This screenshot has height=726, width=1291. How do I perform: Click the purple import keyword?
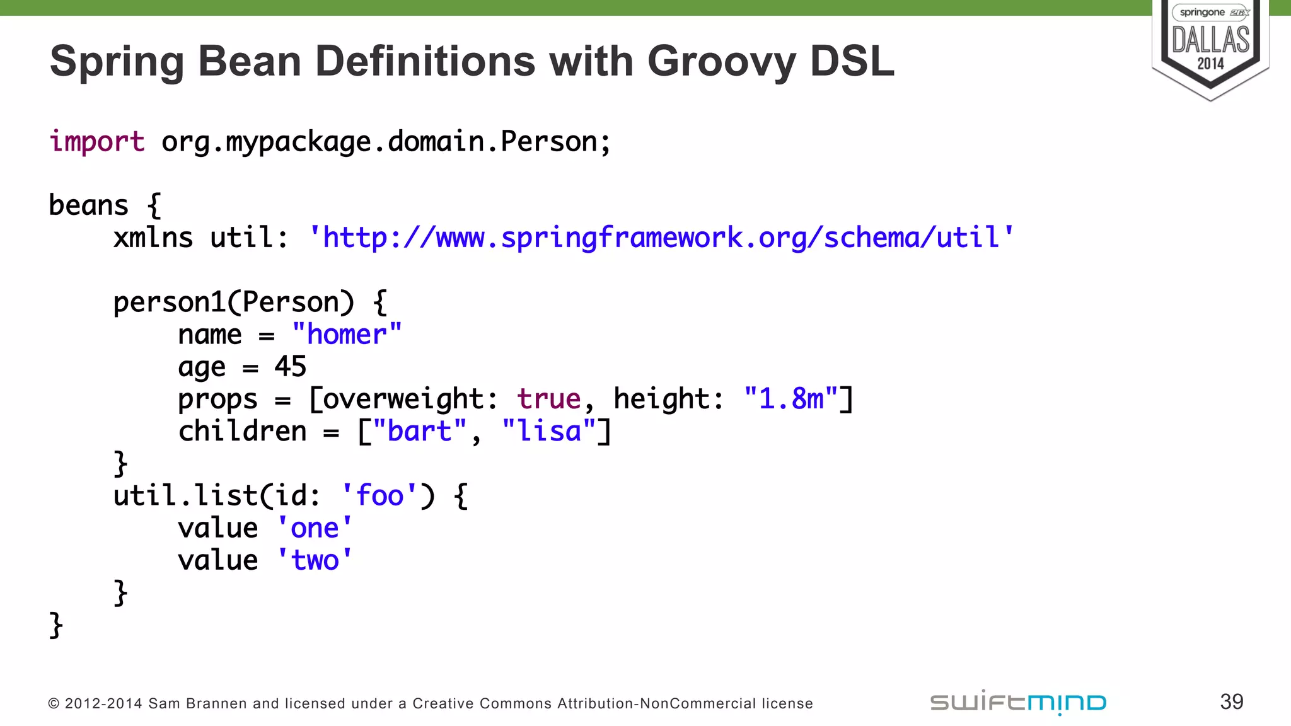(97, 142)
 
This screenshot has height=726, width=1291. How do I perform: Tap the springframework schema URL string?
(661, 238)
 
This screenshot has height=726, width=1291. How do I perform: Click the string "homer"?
(347, 335)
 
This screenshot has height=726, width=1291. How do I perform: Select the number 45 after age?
(290, 367)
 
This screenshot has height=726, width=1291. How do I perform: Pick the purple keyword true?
(548, 399)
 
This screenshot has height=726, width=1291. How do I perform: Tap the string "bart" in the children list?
(420, 432)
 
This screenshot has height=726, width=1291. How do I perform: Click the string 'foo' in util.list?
(379, 496)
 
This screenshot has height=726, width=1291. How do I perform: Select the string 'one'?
(315, 528)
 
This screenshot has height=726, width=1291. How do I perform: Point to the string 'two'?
(315, 560)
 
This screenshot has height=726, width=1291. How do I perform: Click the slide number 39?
(1231, 702)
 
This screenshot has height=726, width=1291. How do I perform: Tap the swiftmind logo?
(1018, 702)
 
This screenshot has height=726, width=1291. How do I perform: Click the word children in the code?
(243, 432)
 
